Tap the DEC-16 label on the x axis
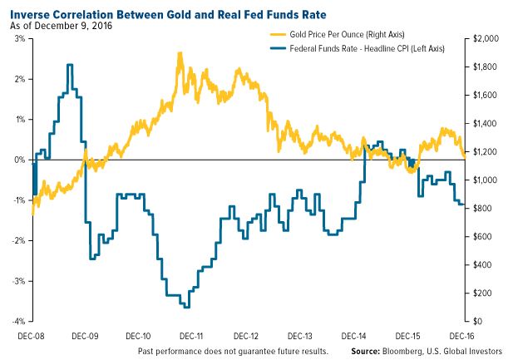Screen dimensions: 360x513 coord(461,337)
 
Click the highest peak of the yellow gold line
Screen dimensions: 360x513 coord(180,52)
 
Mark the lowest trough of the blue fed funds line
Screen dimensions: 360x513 coord(186,307)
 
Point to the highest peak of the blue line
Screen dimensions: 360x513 coord(70,65)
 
